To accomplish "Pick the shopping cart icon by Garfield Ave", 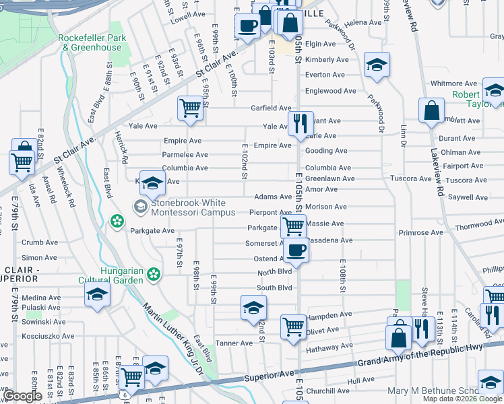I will click(191, 108).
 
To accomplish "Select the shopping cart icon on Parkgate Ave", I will click(294, 226).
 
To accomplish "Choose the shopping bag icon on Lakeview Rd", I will click(431, 110).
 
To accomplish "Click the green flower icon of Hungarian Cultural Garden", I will click(154, 274).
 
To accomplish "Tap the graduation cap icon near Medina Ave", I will click(97, 295).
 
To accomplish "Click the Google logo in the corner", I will click(22, 396).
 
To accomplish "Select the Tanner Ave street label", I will click(233, 343).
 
